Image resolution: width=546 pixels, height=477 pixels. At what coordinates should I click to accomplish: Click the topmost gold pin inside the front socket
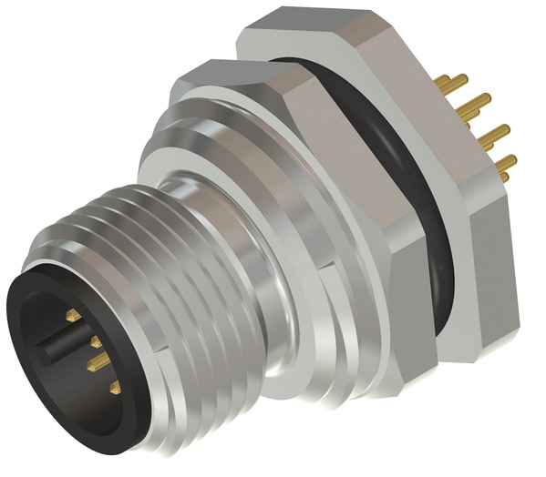(x=73, y=315)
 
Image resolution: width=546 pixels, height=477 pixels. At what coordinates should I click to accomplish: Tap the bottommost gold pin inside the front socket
(x=115, y=388)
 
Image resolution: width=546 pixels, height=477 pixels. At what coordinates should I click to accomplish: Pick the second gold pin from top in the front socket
(x=95, y=341)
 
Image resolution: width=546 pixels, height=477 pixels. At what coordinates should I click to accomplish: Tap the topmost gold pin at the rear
(x=449, y=83)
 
